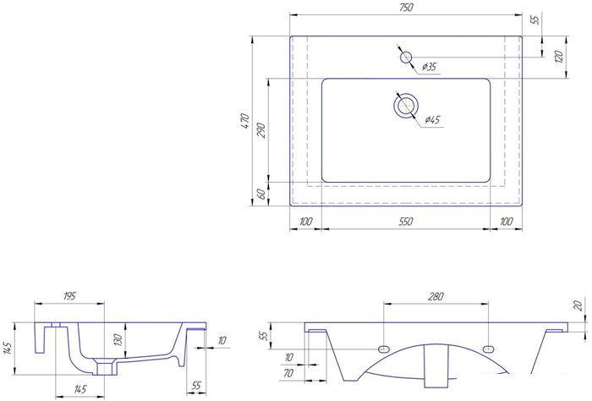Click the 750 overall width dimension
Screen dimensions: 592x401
click(x=405, y=8)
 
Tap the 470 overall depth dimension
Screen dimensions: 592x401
click(x=245, y=121)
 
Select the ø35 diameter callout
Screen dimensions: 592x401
click(x=429, y=67)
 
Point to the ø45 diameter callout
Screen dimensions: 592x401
click(x=432, y=120)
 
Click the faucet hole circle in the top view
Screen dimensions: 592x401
click(x=406, y=58)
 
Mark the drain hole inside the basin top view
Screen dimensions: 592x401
click(x=406, y=105)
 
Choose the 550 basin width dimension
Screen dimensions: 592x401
click(x=406, y=222)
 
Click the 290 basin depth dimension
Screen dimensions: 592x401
click(x=261, y=130)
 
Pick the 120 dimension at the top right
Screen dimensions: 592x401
click(x=559, y=57)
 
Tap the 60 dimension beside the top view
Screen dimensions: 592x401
click(x=261, y=194)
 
